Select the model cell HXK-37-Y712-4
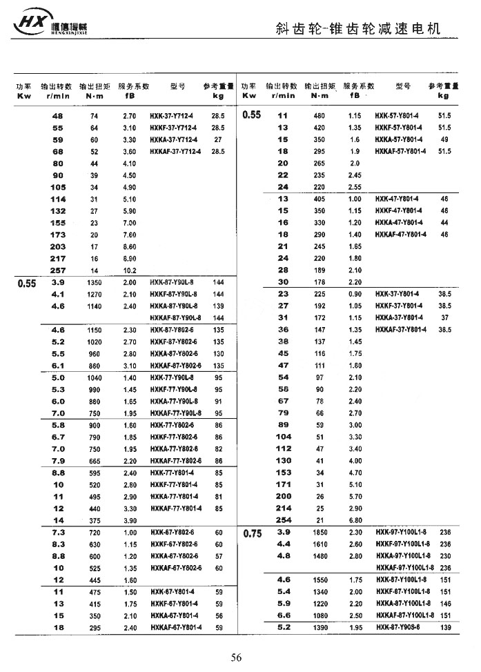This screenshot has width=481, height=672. tap(173, 117)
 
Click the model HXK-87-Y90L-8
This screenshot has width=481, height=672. tap(173, 283)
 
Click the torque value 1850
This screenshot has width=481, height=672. tap(319, 533)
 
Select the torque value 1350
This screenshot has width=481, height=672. tap(94, 283)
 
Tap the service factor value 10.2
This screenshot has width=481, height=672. tap(129, 270)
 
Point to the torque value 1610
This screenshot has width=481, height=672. tap(319, 544)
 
